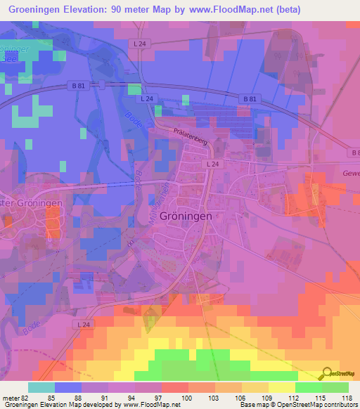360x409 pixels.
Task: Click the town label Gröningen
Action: pyautogui.click(x=186, y=216)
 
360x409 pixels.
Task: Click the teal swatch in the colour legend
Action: pyautogui.click(x=41, y=387)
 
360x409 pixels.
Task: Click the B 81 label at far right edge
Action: pyautogui.click(x=354, y=151)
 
